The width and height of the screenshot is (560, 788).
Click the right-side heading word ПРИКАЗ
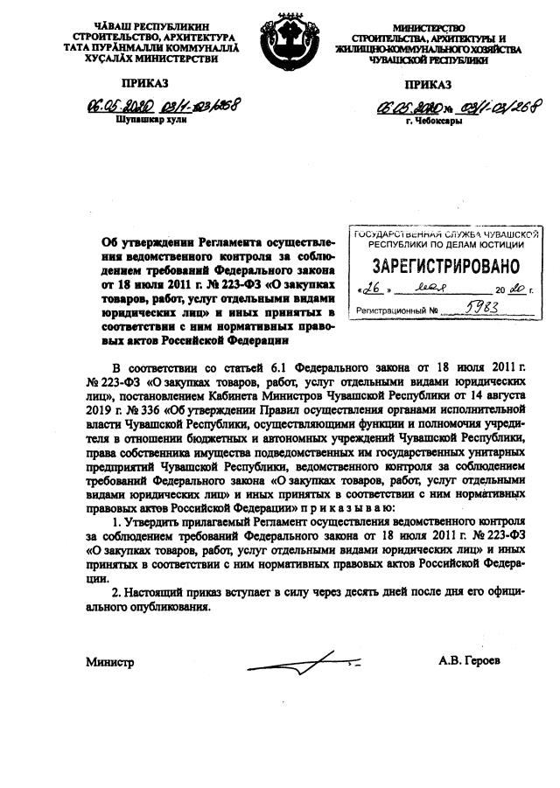tap(429, 84)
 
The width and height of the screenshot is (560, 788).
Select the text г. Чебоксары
tap(434, 121)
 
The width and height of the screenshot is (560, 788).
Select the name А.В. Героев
tap(472, 662)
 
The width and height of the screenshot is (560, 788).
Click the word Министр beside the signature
tap(109, 663)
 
